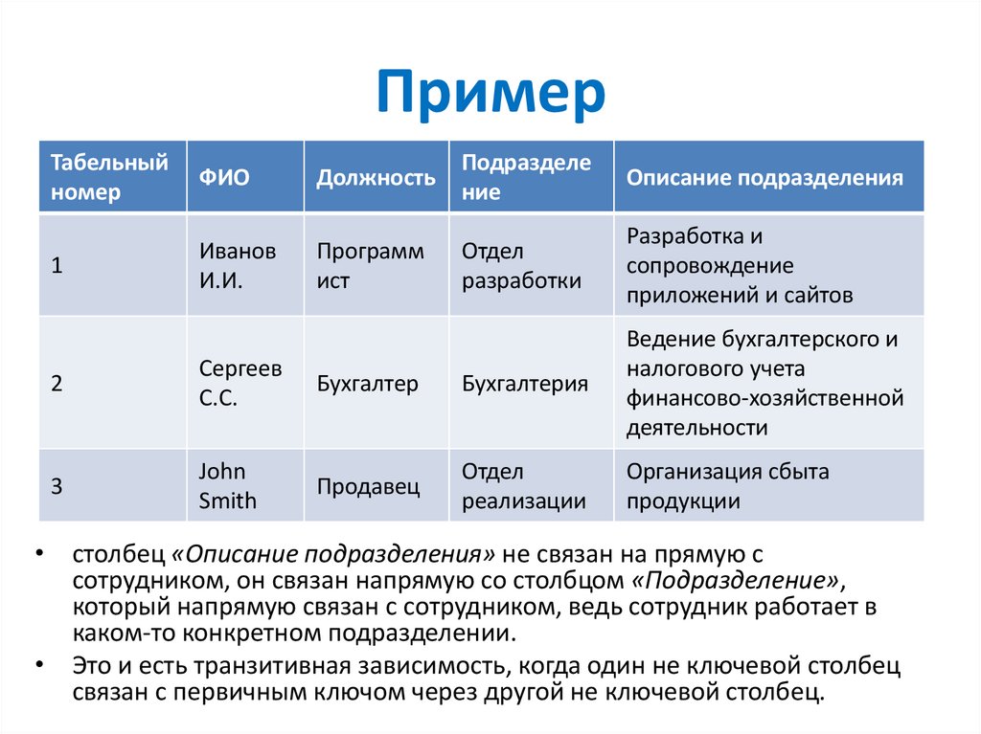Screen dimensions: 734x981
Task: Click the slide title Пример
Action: tap(490, 94)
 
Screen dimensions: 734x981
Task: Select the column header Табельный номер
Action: tap(109, 176)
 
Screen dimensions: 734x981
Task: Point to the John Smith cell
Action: tap(228, 486)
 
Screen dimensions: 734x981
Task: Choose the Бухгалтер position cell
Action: tap(368, 384)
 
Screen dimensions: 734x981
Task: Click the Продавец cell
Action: tap(368, 486)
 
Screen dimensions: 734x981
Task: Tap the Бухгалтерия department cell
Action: tap(524, 384)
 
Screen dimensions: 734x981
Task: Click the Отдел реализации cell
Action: tap(523, 486)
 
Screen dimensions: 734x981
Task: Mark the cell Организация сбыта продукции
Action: tap(728, 486)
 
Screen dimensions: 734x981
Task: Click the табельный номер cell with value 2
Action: tap(57, 384)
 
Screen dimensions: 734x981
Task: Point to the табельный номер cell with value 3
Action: tap(57, 486)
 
